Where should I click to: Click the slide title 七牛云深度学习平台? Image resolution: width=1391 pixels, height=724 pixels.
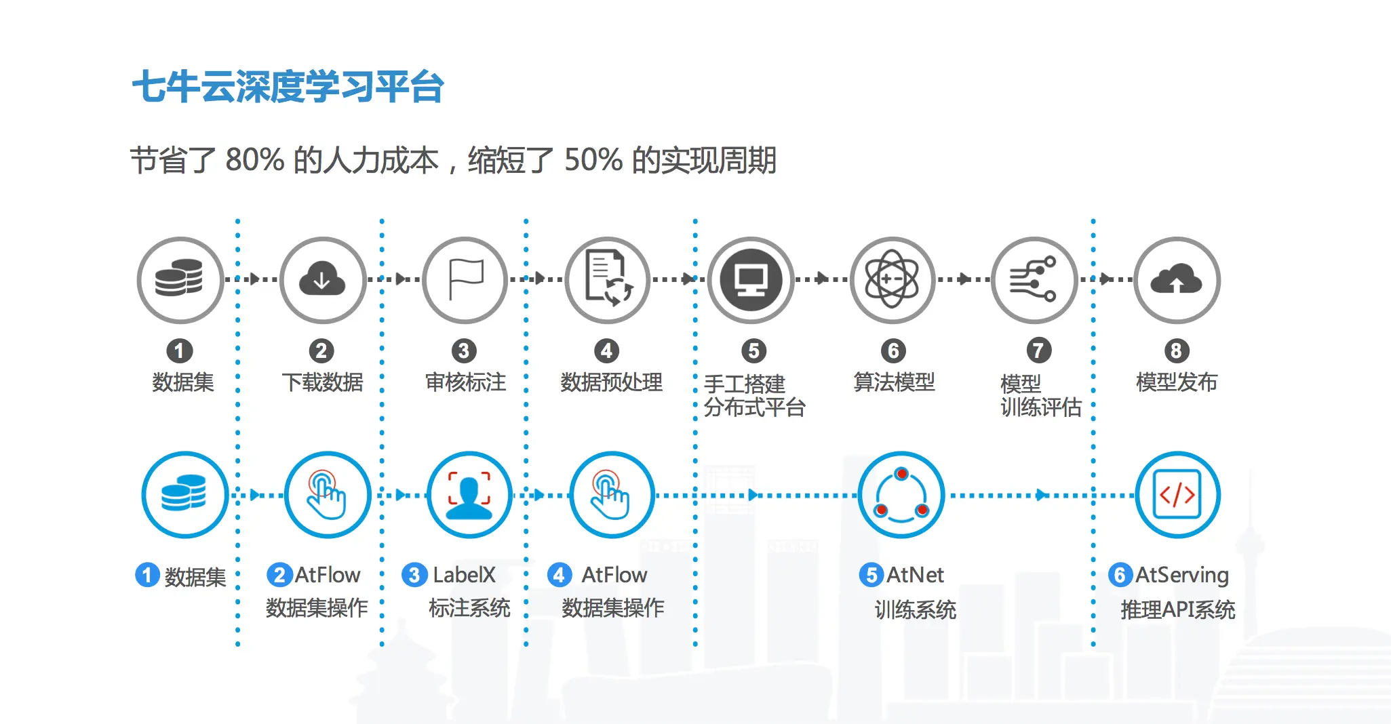pyautogui.click(x=288, y=87)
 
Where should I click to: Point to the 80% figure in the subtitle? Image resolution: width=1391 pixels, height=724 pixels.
pyautogui.click(x=254, y=161)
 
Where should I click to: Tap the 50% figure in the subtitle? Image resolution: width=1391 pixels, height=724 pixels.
pyautogui.click(x=593, y=161)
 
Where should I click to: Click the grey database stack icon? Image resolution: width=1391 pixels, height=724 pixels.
pyautogui.click(x=180, y=279)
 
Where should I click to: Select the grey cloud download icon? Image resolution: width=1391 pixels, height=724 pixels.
pyautogui.click(x=322, y=279)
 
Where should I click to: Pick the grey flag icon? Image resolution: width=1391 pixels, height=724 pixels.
pyautogui.click(x=465, y=279)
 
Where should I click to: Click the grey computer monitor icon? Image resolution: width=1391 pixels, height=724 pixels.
pyautogui.click(x=751, y=279)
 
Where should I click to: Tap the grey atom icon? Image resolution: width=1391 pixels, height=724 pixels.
pyautogui.click(x=893, y=279)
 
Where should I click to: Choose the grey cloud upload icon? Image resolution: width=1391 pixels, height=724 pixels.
pyautogui.click(x=1177, y=279)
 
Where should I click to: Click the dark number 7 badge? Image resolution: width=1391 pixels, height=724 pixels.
pyautogui.click(x=1038, y=350)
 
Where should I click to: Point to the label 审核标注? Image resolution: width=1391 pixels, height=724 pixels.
pyautogui.click(x=465, y=382)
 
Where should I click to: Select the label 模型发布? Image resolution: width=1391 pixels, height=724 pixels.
pyautogui.click(x=1177, y=382)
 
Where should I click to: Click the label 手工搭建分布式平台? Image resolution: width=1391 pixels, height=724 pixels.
pyautogui.click(x=754, y=395)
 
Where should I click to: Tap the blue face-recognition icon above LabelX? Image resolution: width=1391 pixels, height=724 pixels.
pyautogui.click(x=469, y=495)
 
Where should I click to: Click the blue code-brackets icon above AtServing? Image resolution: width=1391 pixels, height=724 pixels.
pyautogui.click(x=1177, y=495)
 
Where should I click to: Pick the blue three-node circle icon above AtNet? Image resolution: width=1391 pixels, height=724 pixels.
pyautogui.click(x=901, y=495)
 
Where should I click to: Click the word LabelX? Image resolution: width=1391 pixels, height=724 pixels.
pyautogui.click(x=465, y=575)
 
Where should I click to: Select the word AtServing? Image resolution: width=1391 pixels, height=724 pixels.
pyautogui.click(x=1181, y=575)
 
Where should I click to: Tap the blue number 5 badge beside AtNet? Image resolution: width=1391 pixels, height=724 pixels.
pyautogui.click(x=871, y=575)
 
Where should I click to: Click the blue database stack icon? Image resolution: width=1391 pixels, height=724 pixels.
pyautogui.click(x=184, y=495)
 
